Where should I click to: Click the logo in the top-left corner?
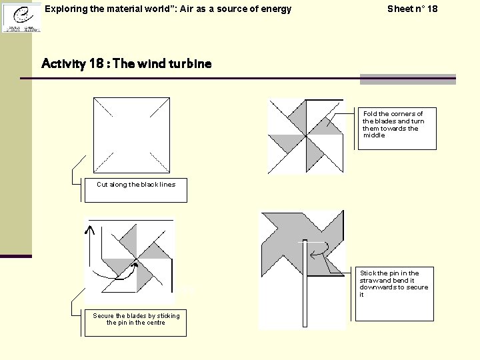click(21, 17)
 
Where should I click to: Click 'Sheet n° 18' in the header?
click(412, 9)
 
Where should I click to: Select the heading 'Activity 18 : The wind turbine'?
click(126, 64)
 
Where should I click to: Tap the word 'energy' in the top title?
click(275, 9)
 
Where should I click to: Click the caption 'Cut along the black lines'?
click(136, 185)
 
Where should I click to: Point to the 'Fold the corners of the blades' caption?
click(393, 124)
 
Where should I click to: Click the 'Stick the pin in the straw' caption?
click(394, 283)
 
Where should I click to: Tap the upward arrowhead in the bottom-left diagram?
click(89, 229)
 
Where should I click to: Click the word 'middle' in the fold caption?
click(374, 135)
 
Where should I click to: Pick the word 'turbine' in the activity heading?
click(189, 64)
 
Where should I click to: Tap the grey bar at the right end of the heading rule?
click(407, 79)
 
